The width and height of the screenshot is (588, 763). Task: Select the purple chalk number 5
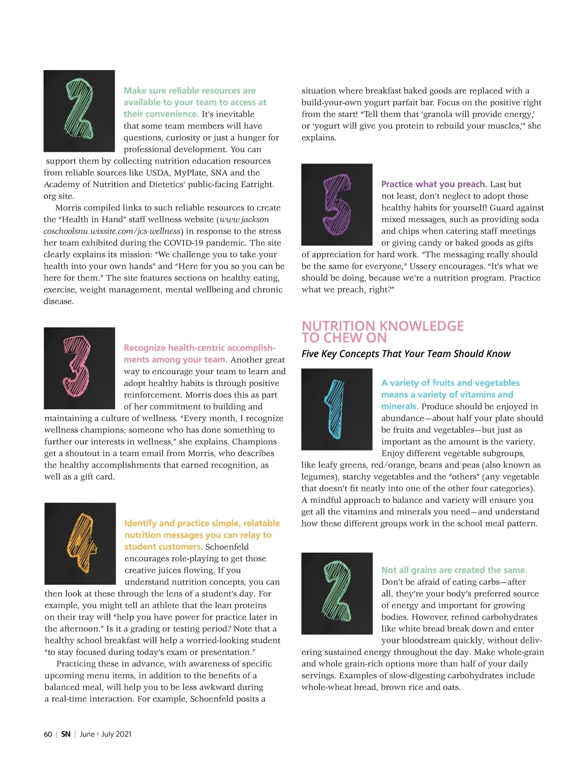click(x=336, y=204)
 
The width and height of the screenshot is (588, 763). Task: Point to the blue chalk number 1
click(x=336, y=408)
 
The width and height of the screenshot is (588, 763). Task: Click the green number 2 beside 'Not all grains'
click(x=337, y=593)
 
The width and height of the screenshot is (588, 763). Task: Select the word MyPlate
click(x=190, y=173)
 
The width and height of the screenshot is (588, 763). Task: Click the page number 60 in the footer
click(x=48, y=734)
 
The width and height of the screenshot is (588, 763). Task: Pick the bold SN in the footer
click(x=66, y=734)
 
